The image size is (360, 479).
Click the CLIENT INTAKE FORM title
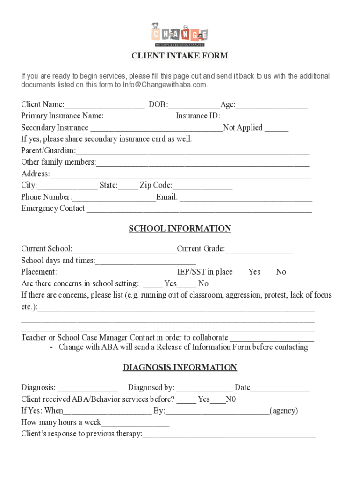click(x=180, y=56)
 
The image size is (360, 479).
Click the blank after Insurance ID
click(x=264, y=116)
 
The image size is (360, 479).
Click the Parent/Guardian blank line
click(x=192, y=151)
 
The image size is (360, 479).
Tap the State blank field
click(x=128, y=186)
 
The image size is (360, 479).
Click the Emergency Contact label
click(x=54, y=208)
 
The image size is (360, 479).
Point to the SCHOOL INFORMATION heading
click(x=180, y=229)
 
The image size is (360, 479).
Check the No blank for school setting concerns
click(x=187, y=284)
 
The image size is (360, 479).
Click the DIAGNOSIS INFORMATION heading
click(x=180, y=368)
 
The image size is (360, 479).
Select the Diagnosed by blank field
click(x=204, y=388)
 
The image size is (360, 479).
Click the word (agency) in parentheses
click(x=284, y=411)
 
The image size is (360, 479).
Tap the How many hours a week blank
click(x=135, y=423)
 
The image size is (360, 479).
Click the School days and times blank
click(x=145, y=261)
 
